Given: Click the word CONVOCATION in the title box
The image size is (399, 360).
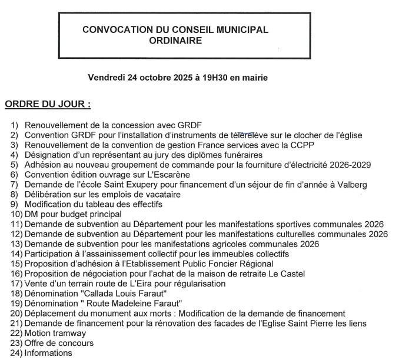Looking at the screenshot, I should (111, 29).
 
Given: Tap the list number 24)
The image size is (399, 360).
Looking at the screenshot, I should (15, 354).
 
